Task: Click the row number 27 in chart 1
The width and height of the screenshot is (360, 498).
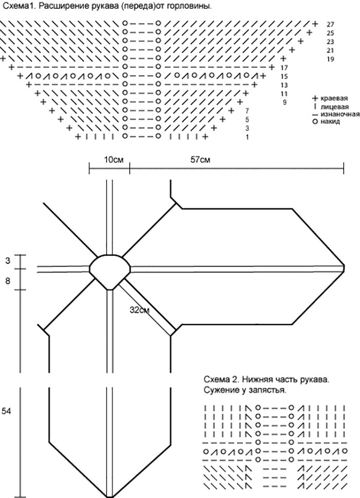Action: tap(330, 24)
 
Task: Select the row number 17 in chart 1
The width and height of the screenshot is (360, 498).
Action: tap(284, 68)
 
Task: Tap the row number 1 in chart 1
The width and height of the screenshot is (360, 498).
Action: tap(247, 137)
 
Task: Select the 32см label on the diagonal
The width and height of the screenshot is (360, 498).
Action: tap(140, 310)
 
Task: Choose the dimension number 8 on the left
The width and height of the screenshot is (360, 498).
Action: tap(8, 281)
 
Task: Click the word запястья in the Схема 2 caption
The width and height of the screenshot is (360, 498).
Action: tap(267, 390)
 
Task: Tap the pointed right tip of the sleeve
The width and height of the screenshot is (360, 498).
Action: tap(344, 267)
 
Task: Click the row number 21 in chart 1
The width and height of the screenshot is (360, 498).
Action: tap(330, 50)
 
